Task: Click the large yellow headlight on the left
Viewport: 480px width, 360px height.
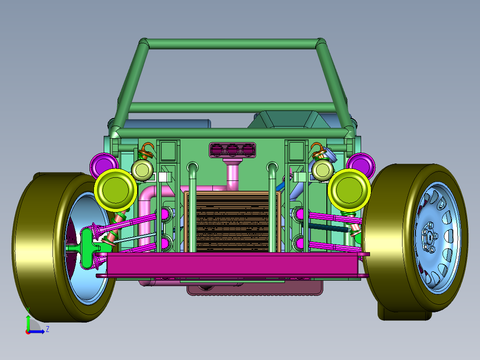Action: tap(116, 190)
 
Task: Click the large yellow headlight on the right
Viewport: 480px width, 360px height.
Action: tap(349, 190)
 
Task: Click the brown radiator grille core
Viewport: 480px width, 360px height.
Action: tap(232, 222)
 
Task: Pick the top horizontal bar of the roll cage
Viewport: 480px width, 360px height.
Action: tap(232, 44)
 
